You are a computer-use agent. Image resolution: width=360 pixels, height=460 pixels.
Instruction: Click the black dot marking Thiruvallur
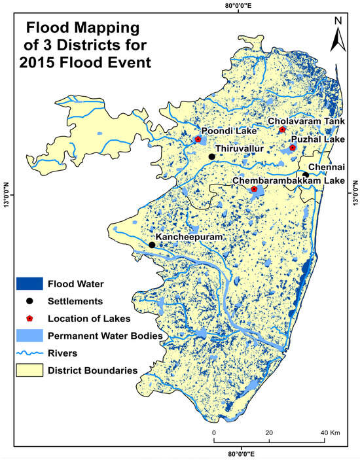coord(211,157)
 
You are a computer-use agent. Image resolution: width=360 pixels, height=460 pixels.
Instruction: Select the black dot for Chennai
coord(306,174)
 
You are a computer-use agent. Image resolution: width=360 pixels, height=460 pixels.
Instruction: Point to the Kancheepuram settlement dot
coord(152,245)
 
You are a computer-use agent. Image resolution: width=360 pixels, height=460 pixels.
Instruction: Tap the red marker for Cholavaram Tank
coord(283,130)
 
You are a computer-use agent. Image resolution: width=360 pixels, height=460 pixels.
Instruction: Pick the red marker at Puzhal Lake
coord(293,148)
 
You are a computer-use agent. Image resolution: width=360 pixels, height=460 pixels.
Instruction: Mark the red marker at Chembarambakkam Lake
coord(255,189)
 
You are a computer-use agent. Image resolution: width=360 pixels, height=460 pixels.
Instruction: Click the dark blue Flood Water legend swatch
coord(29,284)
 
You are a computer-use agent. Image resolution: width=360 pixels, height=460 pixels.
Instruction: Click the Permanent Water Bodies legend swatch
coord(29,336)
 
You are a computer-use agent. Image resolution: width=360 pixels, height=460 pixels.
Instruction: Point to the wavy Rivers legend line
coord(29,353)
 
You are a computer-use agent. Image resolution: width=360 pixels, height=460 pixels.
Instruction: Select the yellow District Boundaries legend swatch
coord(29,371)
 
